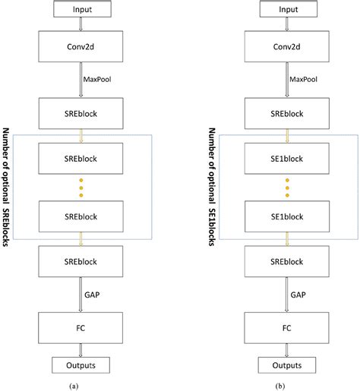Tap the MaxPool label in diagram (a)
coord(95,79)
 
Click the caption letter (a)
coord(74,385)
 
